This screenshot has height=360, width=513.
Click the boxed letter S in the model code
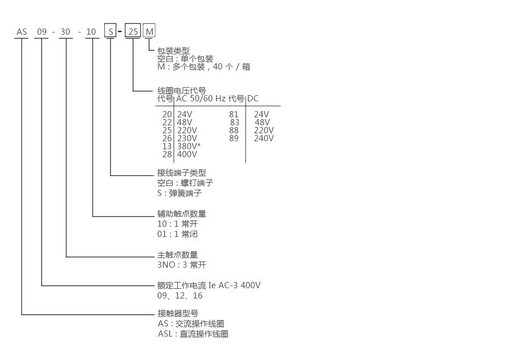[110, 32]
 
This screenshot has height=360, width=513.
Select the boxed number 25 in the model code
[133, 32]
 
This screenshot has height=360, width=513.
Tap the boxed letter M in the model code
[149, 32]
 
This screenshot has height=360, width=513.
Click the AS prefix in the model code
[22, 32]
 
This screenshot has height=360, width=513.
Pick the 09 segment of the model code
[42, 32]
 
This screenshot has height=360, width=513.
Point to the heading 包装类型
[173, 50]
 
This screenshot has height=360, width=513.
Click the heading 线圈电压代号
[181, 91]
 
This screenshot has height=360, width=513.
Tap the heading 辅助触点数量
[181, 214]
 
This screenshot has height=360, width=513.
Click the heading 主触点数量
[177, 255]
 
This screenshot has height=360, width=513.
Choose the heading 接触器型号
[177, 313]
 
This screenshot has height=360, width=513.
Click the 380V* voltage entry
[189, 146]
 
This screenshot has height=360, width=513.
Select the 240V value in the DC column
[264, 138]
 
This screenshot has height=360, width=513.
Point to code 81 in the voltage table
[234, 114]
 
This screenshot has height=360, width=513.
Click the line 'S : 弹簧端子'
[180, 193]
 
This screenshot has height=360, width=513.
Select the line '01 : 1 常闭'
[177, 234]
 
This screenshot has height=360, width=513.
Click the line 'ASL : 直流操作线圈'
[193, 334]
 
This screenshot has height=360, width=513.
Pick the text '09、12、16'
[180, 296]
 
